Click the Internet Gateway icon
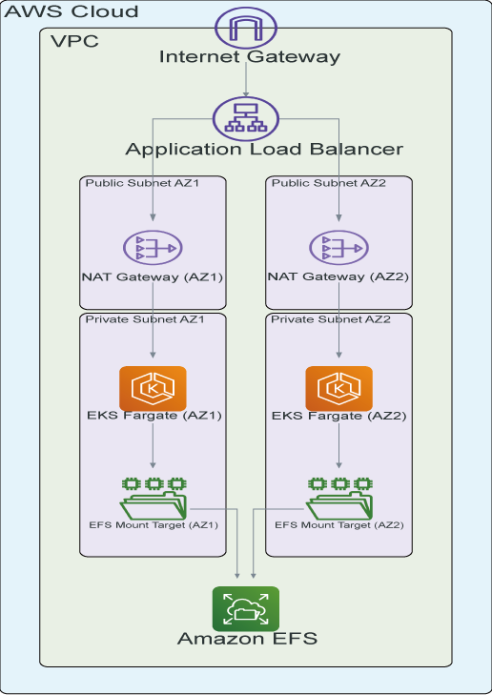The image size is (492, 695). [x=246, y=28]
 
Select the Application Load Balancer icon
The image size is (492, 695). [x=246, y=119]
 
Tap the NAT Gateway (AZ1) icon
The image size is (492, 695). [x=153, y=247]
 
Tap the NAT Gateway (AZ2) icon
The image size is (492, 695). [x=339, y=247]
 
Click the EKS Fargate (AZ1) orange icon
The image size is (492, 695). [x=153, y=388]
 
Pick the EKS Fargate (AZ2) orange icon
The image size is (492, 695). [x=339, y=388]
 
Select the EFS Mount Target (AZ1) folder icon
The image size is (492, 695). [x=154, y=499]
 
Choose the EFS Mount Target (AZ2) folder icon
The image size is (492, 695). [x=339, y=499]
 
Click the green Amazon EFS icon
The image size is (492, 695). [x=246, y=608]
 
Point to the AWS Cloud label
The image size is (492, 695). [x=72, y=11]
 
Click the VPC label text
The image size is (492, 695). [x=74, y=41]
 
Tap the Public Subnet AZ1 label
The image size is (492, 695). [x=142, y=183]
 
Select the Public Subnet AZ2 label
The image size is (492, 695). [x=329, y=183]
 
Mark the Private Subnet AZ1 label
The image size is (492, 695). [x=145, y=319]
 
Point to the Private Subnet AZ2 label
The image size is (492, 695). [x=331, y=319]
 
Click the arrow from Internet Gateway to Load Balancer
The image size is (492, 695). [x=246, y=79]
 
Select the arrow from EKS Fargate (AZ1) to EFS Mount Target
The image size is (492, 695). [x=153, y=445]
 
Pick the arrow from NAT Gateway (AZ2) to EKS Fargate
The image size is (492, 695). [x=339, y=320]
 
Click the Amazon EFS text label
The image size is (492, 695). [x=247, y=639]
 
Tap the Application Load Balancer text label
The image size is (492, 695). [x=264, y=150]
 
